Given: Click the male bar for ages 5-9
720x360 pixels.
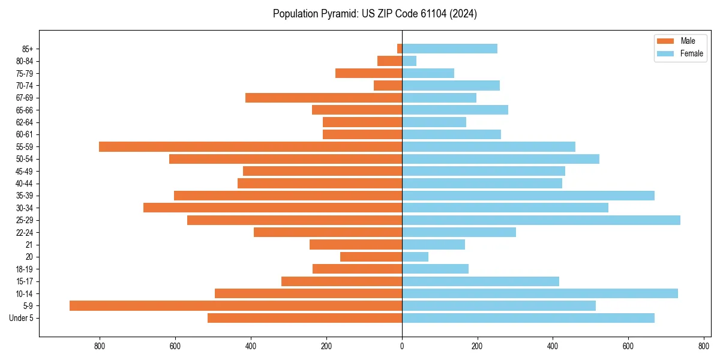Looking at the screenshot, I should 236,306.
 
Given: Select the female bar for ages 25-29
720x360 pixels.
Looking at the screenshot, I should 541,220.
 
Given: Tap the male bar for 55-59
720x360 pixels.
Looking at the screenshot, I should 250,146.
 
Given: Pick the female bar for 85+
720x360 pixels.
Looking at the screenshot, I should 449,49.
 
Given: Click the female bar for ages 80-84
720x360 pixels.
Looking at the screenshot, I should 409,61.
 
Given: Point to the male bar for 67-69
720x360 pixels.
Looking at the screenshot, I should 323,98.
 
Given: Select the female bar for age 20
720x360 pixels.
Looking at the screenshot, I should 415,257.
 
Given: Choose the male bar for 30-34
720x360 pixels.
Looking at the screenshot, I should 272,208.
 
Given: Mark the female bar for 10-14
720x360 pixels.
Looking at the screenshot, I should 540,293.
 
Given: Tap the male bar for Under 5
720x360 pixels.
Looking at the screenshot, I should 305,318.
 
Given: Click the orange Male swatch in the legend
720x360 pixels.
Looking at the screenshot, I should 665,41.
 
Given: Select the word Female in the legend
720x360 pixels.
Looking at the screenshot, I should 692,53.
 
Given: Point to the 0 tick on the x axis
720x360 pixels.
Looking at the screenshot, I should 402,346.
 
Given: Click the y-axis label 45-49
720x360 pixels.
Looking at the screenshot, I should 25,171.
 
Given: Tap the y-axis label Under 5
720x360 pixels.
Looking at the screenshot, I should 22,318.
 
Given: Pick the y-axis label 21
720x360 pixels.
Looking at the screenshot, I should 29,245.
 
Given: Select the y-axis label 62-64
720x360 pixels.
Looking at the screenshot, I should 25,122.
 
